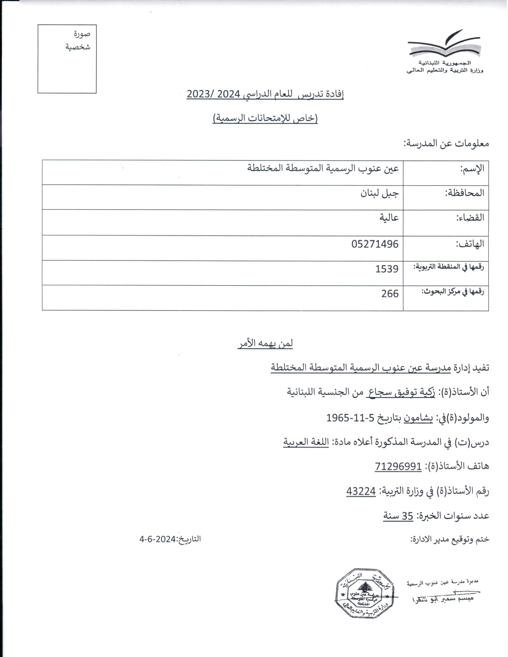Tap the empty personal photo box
click(x=67, y=59)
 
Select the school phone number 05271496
click(x=375, y=244)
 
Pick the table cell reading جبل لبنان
click(x=380, y=193)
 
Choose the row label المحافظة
click(x=465, y=193)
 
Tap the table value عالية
click(x=389, y=217)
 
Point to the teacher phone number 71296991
click(x=398, y=466)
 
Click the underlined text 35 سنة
click(x=398, y=516)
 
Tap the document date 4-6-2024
click(x=157, y=539)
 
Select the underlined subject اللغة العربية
click(x=306, y=442)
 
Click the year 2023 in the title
click(x=200, y=94)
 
